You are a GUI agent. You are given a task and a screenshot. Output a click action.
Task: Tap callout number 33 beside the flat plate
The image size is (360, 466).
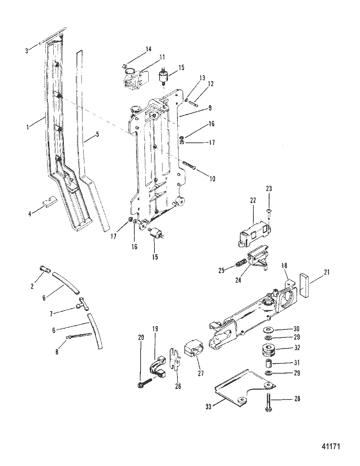pyautogui.click(x=208, y=406)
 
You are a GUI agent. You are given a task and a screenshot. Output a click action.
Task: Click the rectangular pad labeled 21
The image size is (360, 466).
pyautogui.click(x=304, y=285)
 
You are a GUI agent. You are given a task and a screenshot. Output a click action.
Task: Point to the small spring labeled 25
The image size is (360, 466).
pyautogui.click(x=240, y=263)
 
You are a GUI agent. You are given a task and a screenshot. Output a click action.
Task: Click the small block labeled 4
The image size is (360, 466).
pyautogui.click(x=50, y=201)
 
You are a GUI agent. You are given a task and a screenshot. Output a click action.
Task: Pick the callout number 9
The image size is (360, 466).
pyautogui.click(x=210, y=108)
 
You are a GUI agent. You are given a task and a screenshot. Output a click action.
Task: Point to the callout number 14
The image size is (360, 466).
pyautogui.click(x=149, y=49)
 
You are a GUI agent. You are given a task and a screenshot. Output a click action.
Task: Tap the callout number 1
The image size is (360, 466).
pyautogui.click(x=28, y=127)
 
